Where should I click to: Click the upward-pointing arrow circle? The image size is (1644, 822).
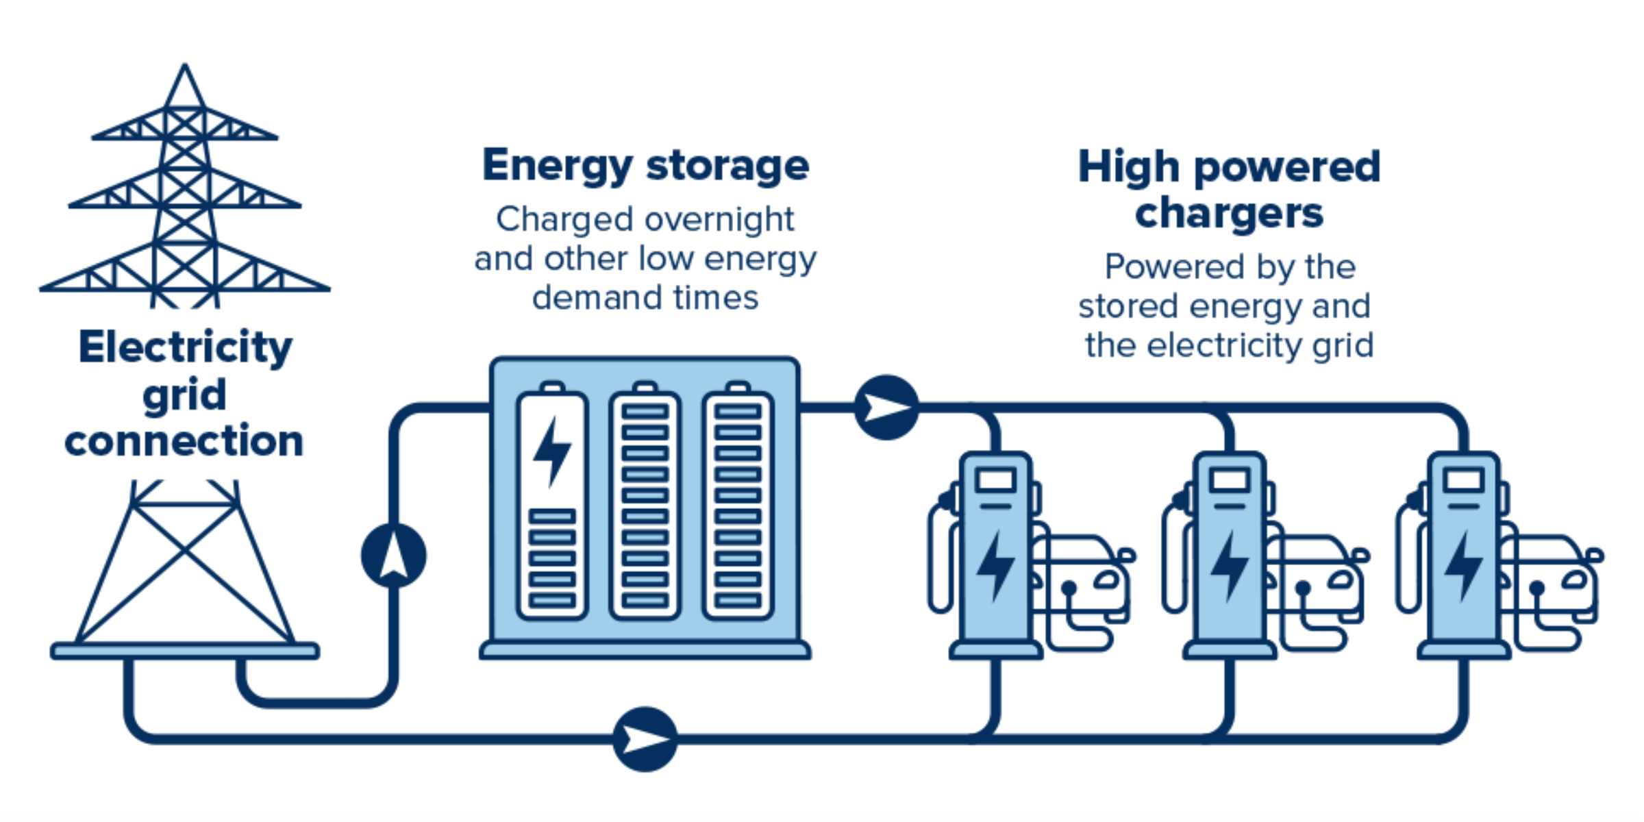coord(394,556)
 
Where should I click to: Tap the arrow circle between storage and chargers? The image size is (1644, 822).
coord(886,408)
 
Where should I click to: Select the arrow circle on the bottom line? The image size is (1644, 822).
coord(645,739)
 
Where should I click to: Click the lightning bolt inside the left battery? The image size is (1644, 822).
coord(551,451)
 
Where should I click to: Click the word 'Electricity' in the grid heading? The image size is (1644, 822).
coord(185,347)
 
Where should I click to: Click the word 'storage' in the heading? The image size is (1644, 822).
coord(727,166)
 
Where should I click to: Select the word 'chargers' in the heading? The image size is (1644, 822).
coord(1229,214)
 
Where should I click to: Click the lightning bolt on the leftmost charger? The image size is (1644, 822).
coord(995,566)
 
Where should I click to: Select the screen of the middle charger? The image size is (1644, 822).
coord(1230,480)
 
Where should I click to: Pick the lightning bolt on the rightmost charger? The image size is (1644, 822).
coord(1463,566)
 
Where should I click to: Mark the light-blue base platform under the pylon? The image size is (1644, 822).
coord(185,651)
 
